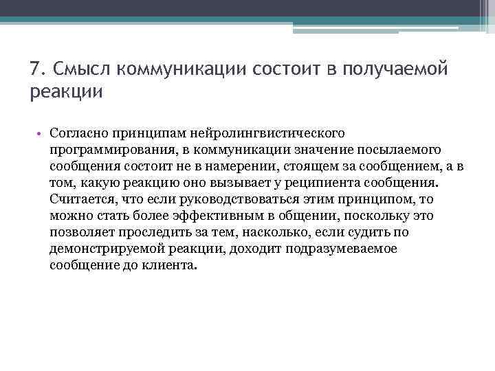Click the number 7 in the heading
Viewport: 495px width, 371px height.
(35, 69)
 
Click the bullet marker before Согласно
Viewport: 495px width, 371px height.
(41, 133)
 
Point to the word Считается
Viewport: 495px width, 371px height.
(81, 199)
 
